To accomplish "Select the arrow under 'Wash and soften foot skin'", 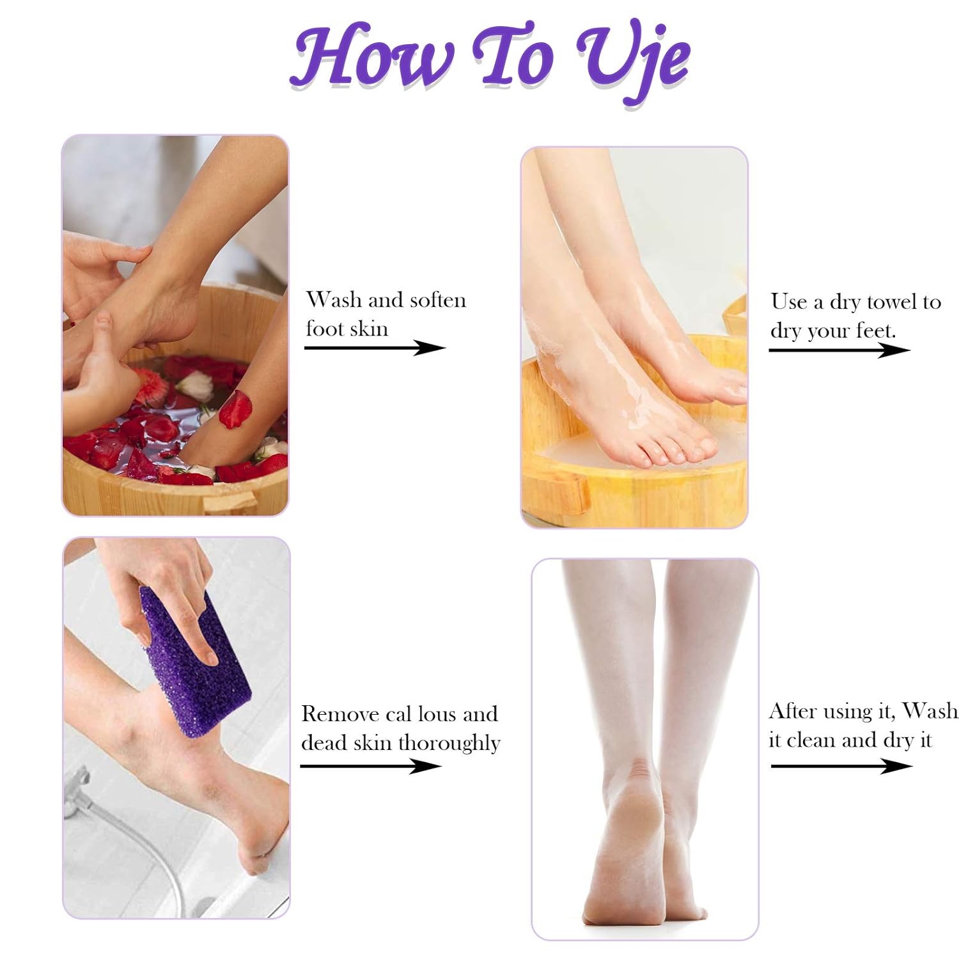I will click(375, 348).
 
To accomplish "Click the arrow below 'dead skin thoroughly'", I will click(371, 765).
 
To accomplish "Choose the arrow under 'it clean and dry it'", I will click(841, 765).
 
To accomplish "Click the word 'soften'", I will click(437, 300).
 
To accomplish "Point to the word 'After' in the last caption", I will click(793, 711).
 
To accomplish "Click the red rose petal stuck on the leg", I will click(235, 409).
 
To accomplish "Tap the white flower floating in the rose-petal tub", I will click(195, 386).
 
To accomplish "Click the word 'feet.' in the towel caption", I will click(876, 331).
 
